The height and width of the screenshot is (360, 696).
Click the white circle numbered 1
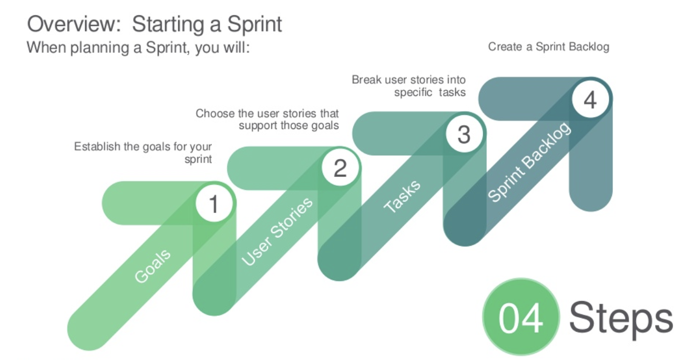coord(213,204)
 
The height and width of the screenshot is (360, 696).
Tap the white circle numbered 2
coord(340,169)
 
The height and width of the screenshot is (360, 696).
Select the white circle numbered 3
coord(464,134)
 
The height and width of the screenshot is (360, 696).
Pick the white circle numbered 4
coord(590,99)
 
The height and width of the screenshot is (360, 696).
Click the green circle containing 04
coord(520,317)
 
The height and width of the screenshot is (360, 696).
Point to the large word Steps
coord(621,317)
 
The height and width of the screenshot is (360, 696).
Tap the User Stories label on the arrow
coord(277,230)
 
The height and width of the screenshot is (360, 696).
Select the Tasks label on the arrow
coord(402,196)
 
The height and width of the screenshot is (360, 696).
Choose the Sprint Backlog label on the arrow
coord(529,162)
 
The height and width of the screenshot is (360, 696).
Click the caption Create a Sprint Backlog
coord(548,47)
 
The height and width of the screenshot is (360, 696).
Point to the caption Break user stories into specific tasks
coord(408,86)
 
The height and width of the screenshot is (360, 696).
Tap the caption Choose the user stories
coord(267,119)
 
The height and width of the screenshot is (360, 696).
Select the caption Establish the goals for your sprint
coord(143,152)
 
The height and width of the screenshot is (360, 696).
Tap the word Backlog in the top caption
coord(587,47)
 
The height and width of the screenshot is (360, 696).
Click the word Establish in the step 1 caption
coord(97,146)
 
